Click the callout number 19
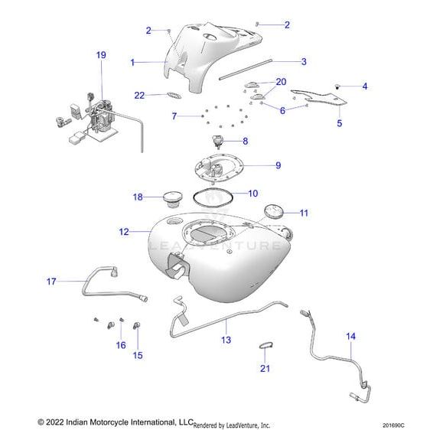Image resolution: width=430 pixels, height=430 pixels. pyautogui.click(x=101, y=55)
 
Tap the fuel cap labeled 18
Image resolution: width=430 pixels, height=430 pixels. pyautogui.click(x=172, y=200)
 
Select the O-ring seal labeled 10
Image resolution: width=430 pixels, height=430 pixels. pyautogui.click(x=213, y=197)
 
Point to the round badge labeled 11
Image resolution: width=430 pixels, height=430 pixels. pyautogui.click(x=273, y=211)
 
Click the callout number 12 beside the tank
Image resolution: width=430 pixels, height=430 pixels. pyautogui.click(x=124, y=232)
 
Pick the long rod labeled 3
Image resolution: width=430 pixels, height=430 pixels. pyautogui.click(x=246, y=70)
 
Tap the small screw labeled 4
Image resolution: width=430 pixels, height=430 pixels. pyautogui.click(x=337, y=87)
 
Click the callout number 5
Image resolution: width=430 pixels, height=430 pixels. pyautogui.click(x=340, y=123)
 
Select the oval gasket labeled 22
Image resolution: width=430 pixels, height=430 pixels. pyautogui.click(x=174, y=95)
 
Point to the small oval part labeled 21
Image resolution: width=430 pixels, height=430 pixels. pyautogui.click(x=266, y=345)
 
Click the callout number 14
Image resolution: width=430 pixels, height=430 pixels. pyautogui.click(x=350, y=336)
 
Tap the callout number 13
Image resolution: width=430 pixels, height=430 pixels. pyautogui.click(x=226, y=340)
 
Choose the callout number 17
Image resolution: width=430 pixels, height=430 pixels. pyautogui.click(x=51, y=282)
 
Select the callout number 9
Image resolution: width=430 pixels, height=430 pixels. pyautogui.click(x=279, y=165)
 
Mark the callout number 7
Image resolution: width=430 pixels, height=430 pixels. pyautogui.click(x=174, y=116)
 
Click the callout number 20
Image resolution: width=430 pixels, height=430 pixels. pyautogui.click(x=281, y=82)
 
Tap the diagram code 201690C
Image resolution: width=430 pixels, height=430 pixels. pyautogui.click(x=393, y=425)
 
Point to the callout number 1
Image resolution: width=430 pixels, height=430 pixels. pyautogui.click(x=132, y=63)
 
